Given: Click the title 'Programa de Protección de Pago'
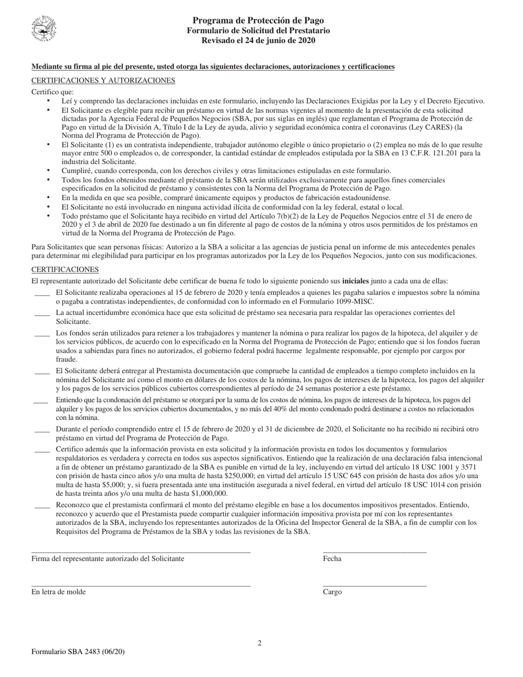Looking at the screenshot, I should click(x=258, y=21).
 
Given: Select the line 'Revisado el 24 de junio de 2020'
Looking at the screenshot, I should click(x=258, y=40).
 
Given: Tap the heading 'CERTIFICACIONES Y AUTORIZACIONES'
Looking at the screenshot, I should click(x=103, y=80).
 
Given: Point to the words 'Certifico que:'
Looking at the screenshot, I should click(x=52, y=92).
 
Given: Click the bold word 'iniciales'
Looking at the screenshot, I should click(x=356, y=280).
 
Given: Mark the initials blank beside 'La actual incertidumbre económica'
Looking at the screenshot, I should click(x=42, y=313).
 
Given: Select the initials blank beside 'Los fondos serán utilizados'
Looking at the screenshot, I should click(x=42, y=334).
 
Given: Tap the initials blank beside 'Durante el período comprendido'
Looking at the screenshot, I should click(x=42, y=430).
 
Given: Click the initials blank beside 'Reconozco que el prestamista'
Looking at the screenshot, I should click(x=42, y=505).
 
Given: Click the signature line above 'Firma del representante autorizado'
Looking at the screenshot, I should click(x=141, y=551).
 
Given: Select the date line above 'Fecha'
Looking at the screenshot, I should click(x=374, y=551).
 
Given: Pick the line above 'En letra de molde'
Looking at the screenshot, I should click(x=141, y=586).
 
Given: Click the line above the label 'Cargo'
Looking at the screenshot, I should click(x=374, y=586).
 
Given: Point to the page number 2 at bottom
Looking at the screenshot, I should click(x=259, y=643).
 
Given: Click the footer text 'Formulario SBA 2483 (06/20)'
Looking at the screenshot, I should click(x=78, y=652).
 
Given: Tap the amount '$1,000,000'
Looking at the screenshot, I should click(x=206, y=494).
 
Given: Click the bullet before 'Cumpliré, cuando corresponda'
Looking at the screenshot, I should click(x=48, y=171).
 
